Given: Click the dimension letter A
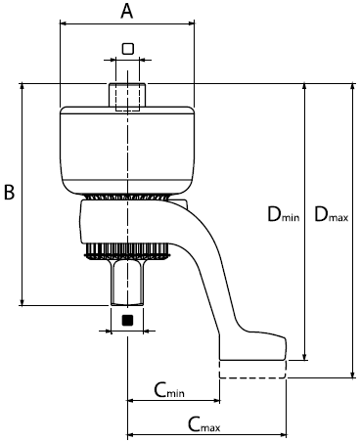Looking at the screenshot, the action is coord(127,12).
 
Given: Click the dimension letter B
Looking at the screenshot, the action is coord(9,192).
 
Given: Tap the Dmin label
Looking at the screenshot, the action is coord(283,215).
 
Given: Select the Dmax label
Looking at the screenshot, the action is coord(331,215).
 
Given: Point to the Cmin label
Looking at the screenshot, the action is coord(169,390).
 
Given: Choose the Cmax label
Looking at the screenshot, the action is coord(203,424).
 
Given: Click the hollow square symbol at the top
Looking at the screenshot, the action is coord(128,49).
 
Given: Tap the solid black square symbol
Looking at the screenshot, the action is coord(127,320).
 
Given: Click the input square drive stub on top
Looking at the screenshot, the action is coord(127,95).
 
